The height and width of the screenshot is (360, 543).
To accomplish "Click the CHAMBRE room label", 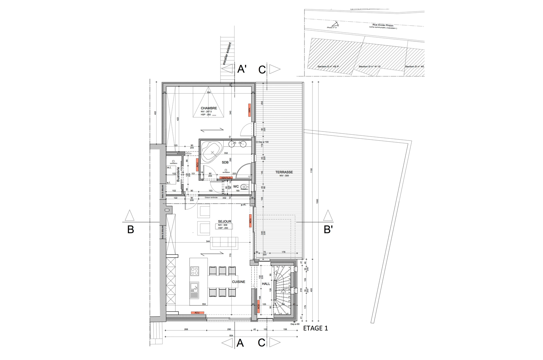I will [209, 108].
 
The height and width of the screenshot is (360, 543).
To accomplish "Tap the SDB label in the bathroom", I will [225, 163].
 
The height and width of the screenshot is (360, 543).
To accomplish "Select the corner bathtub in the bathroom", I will [211, 151].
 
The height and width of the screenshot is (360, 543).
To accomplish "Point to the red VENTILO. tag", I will [226, 178].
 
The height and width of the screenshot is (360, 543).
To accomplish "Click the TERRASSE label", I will [284, 172].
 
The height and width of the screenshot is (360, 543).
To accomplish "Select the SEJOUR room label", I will [224, 221].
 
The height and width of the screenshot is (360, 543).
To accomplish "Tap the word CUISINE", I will [239, 282].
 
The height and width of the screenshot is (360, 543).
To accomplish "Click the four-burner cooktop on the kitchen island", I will [194, 271].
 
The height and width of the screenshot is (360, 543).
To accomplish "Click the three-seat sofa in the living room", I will [225, 242].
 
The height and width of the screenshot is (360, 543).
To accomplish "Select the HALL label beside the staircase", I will [266, 284].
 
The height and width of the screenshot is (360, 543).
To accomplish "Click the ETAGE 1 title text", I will [315, 328].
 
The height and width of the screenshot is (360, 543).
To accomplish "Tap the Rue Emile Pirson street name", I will [380, 25].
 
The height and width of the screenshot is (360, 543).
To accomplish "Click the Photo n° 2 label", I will [332, 28].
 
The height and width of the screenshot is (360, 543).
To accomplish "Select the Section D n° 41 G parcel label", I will [369, 67].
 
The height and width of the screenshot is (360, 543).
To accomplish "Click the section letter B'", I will [328, 230].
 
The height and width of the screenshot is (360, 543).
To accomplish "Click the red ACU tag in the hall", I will [258, 306].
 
